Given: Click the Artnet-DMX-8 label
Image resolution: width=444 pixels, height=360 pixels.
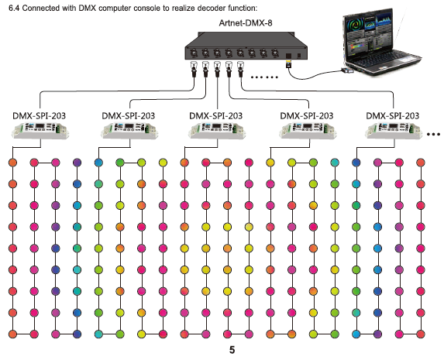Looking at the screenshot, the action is pos(246,22).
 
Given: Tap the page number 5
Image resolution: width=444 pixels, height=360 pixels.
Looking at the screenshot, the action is pos(232,350).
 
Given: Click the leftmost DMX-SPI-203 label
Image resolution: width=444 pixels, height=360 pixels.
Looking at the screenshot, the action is pos(39,116).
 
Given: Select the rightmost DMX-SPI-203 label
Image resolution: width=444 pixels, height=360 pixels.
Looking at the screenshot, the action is pos(392,116).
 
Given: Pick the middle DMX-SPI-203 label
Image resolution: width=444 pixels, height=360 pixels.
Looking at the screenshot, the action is pos(215,116).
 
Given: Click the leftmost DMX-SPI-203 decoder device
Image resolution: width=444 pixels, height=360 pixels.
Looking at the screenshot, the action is pos(40,130).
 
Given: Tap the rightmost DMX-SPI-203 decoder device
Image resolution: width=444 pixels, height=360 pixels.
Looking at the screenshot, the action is pos(394,130).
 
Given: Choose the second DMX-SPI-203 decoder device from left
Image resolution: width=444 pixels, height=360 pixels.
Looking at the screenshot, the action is pos(129,130).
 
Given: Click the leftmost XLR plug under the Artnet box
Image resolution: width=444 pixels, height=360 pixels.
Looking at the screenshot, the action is pos(194,69).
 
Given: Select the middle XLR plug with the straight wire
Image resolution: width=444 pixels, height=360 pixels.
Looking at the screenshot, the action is pos(217,69).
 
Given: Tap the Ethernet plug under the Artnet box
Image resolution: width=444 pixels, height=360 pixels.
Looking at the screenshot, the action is pos(288,64).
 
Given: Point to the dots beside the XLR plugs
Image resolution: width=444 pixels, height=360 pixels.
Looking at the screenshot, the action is pos(264,77).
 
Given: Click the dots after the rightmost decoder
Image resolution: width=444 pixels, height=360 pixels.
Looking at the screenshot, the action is pos(433,135).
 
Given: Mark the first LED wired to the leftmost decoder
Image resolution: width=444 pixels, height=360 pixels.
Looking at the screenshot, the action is pos(12,163).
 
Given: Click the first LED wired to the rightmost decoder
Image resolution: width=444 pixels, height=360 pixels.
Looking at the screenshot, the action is pos(356,163).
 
